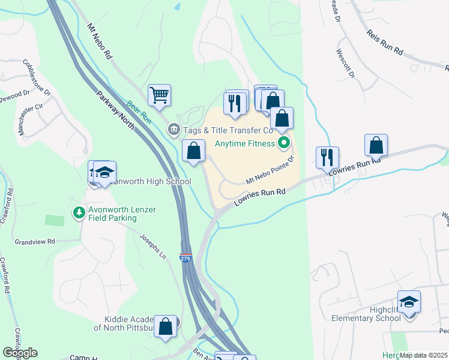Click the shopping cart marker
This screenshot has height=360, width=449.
click(x=159, y=95)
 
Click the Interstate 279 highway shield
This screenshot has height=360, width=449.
click(x=185, y=257)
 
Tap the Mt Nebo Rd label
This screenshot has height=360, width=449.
click(x=100, y=41)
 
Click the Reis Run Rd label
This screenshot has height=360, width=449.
click(x=384, y=42)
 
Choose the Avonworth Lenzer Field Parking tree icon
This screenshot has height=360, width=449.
click(x=79, y=212)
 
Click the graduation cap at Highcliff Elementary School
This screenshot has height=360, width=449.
click(x=409, y=301)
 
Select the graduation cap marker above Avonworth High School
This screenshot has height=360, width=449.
click(x=104, y=172)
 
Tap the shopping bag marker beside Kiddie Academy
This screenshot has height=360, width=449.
click(x=165, y=326)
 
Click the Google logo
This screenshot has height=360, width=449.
click(x=20, y=353)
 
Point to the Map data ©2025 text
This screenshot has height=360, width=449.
click(x=424, y=355)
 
